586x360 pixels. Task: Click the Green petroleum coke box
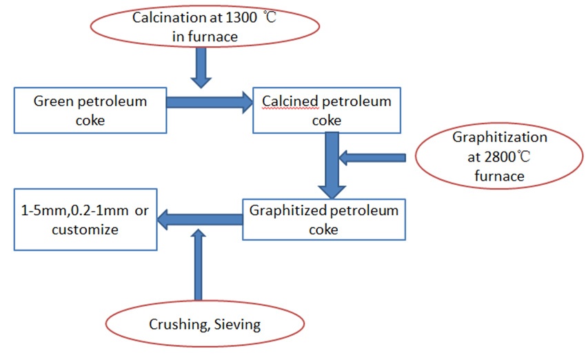coord(90,110)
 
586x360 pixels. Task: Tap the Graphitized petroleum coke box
coord(323,219)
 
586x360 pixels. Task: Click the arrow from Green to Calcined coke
coord(210,103)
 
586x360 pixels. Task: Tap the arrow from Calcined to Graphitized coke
coord(332,163)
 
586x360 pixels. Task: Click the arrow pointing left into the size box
coord(200,219)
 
